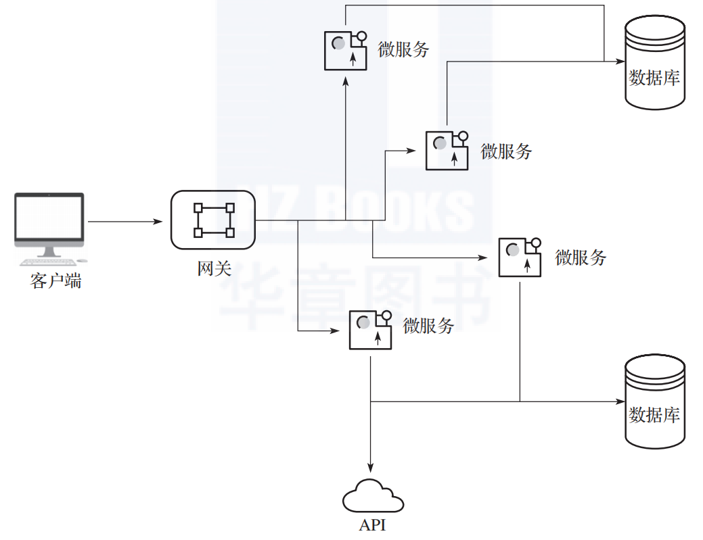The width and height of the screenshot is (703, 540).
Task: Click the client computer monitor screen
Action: [49, 218]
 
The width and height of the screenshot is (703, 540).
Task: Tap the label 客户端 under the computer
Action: [55, 281]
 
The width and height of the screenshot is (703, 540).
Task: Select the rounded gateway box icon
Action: [213, 220]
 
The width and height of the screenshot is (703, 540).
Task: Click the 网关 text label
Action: [214, 268]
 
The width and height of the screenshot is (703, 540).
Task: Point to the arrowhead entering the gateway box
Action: [160, 221]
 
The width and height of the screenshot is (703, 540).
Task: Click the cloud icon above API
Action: [372, 497]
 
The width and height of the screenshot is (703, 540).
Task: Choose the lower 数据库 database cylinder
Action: [653, 401]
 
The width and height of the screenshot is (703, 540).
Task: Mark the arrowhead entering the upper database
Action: [619, 61]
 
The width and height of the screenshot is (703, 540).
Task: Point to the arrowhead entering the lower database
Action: [619, 401]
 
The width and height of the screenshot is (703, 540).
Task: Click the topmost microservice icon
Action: [345, 50]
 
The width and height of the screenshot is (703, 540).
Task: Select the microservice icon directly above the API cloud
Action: [370, 330]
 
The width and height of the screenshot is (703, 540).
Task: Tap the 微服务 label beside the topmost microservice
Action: [404, 49]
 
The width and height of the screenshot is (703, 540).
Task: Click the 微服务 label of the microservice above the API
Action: [428, 326]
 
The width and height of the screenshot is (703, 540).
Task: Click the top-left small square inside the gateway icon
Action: [198, 207]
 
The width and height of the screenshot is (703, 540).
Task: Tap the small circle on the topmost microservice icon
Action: [361, 36]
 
